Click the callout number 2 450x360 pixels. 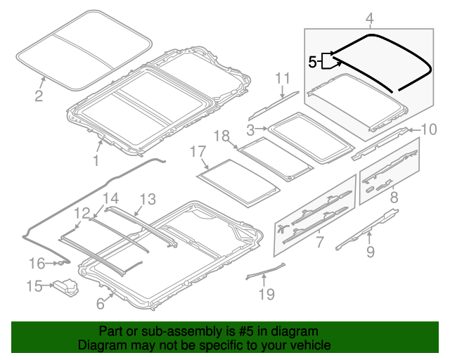click(39, 96)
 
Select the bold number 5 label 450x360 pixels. click(313, 62)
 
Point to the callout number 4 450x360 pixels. click(369, 18)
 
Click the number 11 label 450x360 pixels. click(282, 77)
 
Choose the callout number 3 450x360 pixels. click(250, 129)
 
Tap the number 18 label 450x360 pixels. click(221, 135)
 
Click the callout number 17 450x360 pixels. click(198, 151)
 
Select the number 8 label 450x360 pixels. click(394, 198)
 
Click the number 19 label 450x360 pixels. click(266, 294)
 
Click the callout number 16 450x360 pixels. click(37, 263)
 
